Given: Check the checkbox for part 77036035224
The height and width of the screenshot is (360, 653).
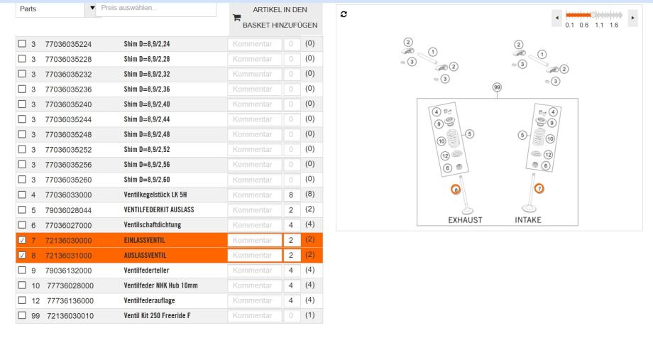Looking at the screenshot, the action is tap(22, 43).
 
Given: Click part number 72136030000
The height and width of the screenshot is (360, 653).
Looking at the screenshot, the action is tap(68, 241).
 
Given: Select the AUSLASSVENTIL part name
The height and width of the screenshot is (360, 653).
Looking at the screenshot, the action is tap(145, 256).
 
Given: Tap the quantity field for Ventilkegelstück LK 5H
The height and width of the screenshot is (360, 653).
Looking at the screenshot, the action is tap(291, 195).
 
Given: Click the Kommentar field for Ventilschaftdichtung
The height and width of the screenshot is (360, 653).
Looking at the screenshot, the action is tap(254, 225).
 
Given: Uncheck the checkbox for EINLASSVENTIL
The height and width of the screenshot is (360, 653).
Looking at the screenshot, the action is tap(22, 240).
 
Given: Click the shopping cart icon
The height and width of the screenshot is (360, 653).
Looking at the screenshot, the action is tap(236, 18).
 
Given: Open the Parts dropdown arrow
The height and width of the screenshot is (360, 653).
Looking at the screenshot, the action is tap(92, 8).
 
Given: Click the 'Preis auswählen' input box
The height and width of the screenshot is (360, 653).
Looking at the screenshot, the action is tap(155, 9).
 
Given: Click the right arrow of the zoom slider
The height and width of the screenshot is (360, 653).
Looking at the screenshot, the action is tap(632, 18).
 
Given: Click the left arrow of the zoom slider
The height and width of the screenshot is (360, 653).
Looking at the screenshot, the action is tap(556, 18).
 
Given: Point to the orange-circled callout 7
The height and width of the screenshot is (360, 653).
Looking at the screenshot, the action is tap(539, 188).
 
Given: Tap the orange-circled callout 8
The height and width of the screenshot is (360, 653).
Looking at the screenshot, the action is tap(456, 190).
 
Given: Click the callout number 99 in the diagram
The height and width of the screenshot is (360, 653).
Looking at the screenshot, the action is tap(497, 87).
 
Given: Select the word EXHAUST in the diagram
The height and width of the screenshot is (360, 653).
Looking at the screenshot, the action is tap(465, 220).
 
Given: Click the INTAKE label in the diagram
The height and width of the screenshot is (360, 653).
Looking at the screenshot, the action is tap(528, 220).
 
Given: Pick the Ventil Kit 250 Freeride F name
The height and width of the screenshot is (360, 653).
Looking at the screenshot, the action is tap(157, 315).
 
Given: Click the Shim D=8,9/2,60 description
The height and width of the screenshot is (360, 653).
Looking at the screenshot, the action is tap(147, 180).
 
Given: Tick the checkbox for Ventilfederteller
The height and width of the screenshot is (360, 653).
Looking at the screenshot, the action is tap(22, 270).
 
